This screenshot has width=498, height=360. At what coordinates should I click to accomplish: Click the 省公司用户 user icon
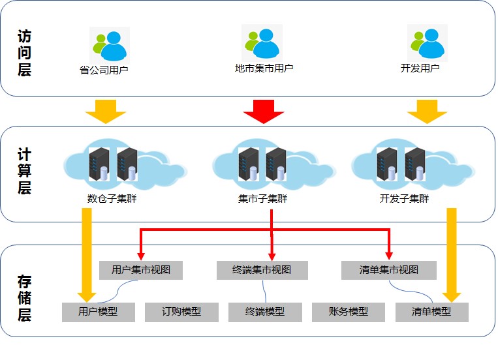click(x=110, y=46)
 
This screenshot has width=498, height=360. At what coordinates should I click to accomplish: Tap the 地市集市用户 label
click(x=264, y=68)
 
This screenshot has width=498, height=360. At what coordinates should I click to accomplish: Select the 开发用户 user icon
click(x=428, y=43)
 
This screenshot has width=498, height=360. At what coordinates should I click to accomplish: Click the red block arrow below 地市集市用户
click(x=264, y=112)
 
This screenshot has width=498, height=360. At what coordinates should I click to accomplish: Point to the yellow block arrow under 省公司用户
click(x=106, y=112)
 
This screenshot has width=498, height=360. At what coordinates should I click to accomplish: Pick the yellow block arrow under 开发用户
click(x=427, y=112)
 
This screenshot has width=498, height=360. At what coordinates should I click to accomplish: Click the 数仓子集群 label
click(x=112, y=199)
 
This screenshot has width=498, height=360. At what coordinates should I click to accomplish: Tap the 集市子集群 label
click(x=262, y=199)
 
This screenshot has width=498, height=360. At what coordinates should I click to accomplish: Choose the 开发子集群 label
click(x=404, y=199)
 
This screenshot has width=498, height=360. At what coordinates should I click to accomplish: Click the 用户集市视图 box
click(x=141, y=270)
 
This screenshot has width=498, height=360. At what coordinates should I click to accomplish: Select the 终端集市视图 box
click(x=262, y=270)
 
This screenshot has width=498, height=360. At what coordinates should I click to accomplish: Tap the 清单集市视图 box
click(x=389, y=270)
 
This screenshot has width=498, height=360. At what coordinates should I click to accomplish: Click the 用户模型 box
click(x=99, y=312)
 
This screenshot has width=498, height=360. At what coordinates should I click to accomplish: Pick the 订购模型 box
click(x=181, y=312)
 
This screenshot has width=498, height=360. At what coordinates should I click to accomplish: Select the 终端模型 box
click(x=265, y=312)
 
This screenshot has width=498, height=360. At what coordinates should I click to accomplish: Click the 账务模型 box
click(x=349, y=312)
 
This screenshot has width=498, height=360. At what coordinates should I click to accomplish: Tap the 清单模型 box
click(x=432, y=312)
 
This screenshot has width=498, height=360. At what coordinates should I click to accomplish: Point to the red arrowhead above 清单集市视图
click(x=389, y=256)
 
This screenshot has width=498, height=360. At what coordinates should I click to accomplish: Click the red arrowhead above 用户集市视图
click(x=141, y=256)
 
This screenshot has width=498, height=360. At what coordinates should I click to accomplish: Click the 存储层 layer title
click(x=24, y=299)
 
